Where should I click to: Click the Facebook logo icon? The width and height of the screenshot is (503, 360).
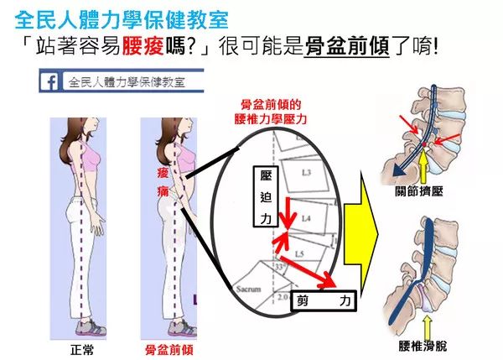click(x=49, y=81)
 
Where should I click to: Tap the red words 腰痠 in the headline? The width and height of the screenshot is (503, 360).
click(x=143, y=46)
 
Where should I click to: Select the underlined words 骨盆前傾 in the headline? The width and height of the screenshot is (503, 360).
click(x=347, y=46)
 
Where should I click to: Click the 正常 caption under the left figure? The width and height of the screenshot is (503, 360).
click(x=82, y=350)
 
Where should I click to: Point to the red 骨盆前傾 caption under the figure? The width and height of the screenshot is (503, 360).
click(x=169, y=350)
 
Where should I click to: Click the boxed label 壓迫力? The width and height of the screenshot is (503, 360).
click(x=266, y=196)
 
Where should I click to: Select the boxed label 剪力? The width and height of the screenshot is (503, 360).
click(x=324, y=301)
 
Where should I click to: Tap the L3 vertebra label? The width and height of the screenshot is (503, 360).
click(x=306, y=173)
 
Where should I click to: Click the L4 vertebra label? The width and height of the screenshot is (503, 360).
click(x=306, y=218)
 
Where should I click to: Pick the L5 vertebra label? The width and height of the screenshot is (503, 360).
click(x=299, y=254)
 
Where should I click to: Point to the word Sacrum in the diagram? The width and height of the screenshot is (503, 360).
click(x=248, y=289)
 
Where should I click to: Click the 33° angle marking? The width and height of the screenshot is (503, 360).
click(x=280, y=266)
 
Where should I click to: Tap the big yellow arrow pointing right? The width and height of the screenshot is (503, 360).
click(x=360, y=235)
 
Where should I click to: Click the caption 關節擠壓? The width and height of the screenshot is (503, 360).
click(x=419, y=191)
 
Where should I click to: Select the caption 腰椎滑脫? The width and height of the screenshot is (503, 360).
click(x=423, y=347)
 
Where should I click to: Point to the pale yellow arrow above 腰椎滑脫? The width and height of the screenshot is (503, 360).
click(x=427, y=326)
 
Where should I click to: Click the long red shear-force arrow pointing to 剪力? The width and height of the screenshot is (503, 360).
click(x=308, y=272)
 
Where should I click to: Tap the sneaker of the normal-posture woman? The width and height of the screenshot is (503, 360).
click(x=91, y=327)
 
